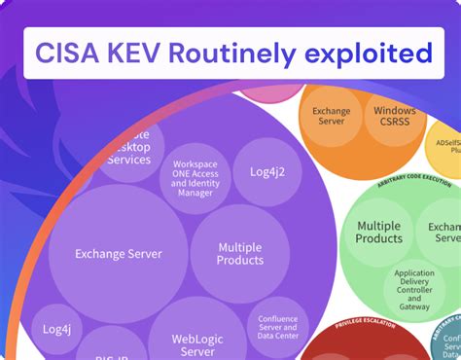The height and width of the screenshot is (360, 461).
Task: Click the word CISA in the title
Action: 74,53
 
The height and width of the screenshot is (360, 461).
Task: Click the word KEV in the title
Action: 156,53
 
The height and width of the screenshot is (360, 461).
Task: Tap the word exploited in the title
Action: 373,53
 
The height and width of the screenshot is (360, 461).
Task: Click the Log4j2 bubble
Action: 265,171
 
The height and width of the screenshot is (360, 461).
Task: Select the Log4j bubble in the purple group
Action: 56,330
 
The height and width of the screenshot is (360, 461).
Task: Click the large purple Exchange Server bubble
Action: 118,254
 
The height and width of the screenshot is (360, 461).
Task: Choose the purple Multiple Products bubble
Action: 240,254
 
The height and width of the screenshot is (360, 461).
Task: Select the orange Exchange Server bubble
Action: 332,118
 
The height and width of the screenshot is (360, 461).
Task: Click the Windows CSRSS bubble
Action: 395,118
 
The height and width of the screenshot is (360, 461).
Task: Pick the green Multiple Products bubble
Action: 378,233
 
